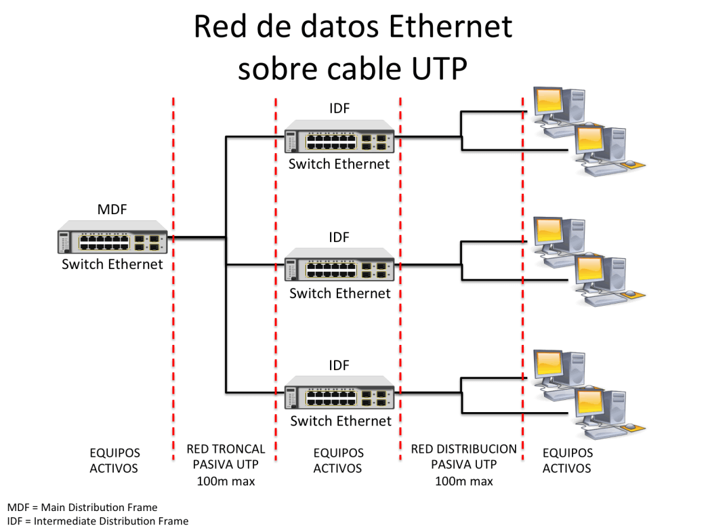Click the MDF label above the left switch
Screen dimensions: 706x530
pyautogui.click(x=112, y=209)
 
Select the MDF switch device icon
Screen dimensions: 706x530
pyautogui.click(x=112, y=237)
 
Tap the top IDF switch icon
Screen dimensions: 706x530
pyautogui.click(x=339, y=136)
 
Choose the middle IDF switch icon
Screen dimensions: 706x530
pyautogui.click(x=339, y=264)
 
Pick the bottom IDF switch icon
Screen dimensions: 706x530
pyautogui.click(x=339, y=392)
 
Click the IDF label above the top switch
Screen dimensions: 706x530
pyautogui.click(x=339, y=108)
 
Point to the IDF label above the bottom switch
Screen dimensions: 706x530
pyautogui.click(x=339, y=365)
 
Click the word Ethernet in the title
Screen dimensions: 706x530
pyautogui.click(x=451, y=26)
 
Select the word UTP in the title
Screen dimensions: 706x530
pyautogui.click(x=439, y=69)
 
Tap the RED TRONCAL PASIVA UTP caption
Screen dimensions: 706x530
pyautogui.click(x=226, y=457)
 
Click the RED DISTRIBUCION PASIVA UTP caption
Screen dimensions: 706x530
pyautogui.click(x=463, y=457)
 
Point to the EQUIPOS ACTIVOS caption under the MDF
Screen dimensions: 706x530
pyautogui.click(x=115, y=461)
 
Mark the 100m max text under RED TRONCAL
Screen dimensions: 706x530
pyautogui.click(x=226, y=481)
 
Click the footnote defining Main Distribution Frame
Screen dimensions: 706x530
pyautogui.click(x=83, y=508)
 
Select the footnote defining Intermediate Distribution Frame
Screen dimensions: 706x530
pyautogui.click(x=98, y=521)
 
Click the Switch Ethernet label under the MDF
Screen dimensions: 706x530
pyautogui.click(x=112, y=264)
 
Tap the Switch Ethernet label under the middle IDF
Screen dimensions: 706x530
pyautogui.click(x=340, y=293)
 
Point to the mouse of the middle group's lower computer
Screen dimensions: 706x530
pyautogui.click(x=630, y=294)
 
